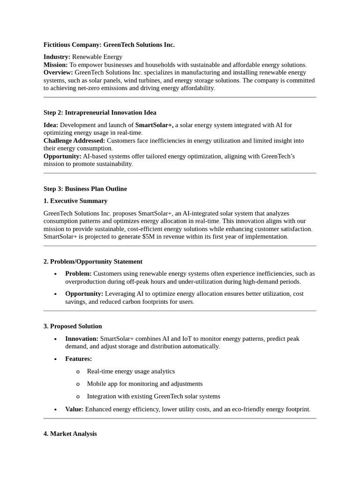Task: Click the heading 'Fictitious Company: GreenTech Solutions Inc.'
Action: click(x=109, y=45)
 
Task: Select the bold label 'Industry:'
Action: click(x=57, y=57)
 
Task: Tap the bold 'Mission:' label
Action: click(x=55, y=65)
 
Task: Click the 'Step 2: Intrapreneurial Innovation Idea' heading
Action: click(x=100, y=112)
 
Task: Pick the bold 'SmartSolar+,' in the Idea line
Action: click(x=154, y=125)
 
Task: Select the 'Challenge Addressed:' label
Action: click(x=74, y=141)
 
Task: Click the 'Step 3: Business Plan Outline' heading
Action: click(x=85, y=189)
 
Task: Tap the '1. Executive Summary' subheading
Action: click(x=75, y=201)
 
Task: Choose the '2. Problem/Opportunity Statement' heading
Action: click(x=93, y=262)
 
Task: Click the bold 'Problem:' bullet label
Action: click(x=78, y=274)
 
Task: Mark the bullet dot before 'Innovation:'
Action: click(x=56, y=339)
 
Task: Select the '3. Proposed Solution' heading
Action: click(x=73, y=326)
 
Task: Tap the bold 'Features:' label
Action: click(x=78, y=359)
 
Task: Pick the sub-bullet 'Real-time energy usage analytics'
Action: click(x=131, y=371)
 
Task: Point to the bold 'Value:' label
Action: click(x=74, y=409)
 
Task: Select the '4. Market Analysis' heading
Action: click(x=70, y=434)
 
